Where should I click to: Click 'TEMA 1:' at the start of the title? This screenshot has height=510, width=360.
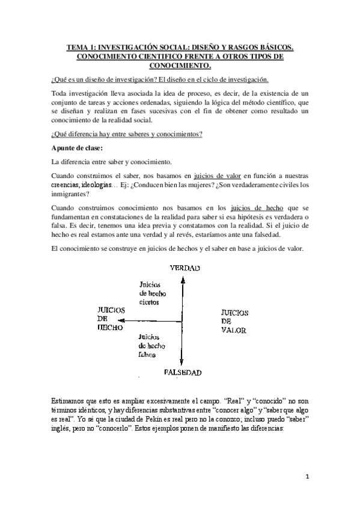[81, 46]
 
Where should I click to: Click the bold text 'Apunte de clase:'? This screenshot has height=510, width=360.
[78, 148]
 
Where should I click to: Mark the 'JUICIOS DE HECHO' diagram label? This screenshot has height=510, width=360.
[110, 319]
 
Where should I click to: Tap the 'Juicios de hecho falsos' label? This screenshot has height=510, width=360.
[151, 346]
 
